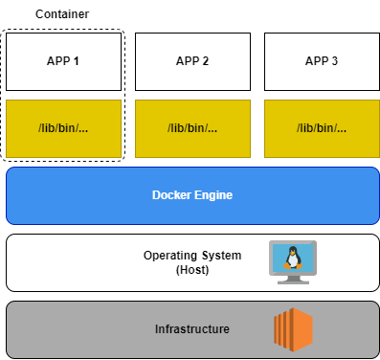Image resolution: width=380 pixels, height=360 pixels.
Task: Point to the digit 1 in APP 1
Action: pyautogui.click(x=76, y=61)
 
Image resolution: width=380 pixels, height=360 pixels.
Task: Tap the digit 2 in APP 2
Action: pyautogui.click(x=205, y=61)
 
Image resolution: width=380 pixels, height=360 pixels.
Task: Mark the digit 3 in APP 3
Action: pyautogui.click(x=334, y=61)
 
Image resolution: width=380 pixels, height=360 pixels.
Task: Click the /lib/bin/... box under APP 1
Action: pyautogui.click(x=63, y=128)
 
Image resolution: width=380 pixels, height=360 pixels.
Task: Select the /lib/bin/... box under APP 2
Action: pyautogui.click(x=192, y=128)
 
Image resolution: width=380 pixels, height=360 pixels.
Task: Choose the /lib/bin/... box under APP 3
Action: pyautogui.click(x=322, y=128)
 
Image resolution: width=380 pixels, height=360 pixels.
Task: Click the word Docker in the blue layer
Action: pyautogui.click(x=171, y=195)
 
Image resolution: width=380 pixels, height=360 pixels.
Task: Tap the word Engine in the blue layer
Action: pyautogui.click(x=213, y=195)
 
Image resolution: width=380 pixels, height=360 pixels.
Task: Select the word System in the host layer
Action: pyautogui.click(x=221, y=256)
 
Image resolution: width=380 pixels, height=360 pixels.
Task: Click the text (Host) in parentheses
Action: pyautogui.click(x=192, y=270)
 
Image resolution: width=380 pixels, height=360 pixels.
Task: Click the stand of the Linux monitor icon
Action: pyautogui.click(x=292, y=280)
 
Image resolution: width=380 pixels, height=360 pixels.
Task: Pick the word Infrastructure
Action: pyautogui.click(x=192, y=329)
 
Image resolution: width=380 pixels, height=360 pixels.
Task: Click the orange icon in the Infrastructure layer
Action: pyautogui.click(x=293, y=328)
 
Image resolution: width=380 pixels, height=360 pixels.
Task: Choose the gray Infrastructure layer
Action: pyautogui.click(x=77, y=329)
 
